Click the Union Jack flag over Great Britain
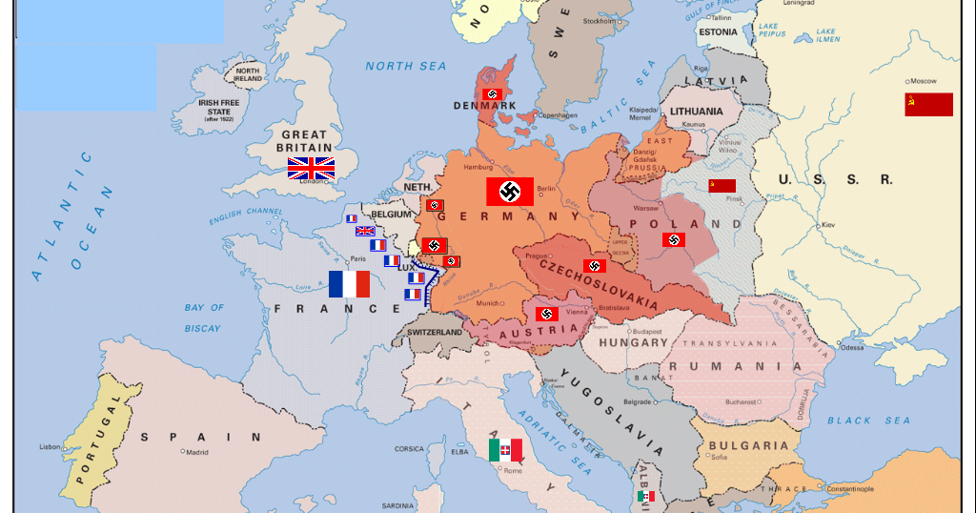point(312,169)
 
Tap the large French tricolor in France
point(349,284)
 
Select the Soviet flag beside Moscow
point(928,105)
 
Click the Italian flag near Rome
point(505,451)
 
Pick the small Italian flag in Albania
point(646,497)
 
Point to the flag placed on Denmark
point(492,94)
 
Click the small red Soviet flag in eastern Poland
point(722,186)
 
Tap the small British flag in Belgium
point(365,231)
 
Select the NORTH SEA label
point(406,67)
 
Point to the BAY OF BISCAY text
point(203,318)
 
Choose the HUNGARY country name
point(634,342)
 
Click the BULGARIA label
point(748,445)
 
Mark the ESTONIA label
point(718,31)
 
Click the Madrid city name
point(197,452)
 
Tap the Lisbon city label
point(50,446)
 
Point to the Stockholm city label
point(599,21)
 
